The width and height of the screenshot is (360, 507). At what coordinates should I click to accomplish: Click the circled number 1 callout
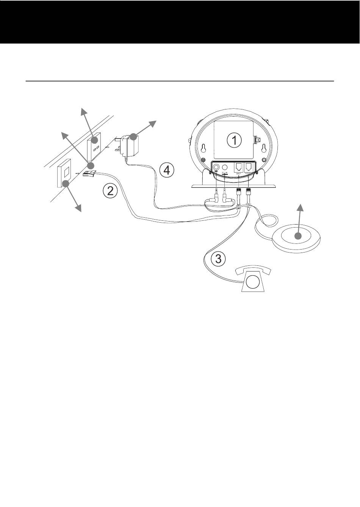click(x=234, y=140)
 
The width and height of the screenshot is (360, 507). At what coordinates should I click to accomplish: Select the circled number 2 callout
click(x=110, y=191)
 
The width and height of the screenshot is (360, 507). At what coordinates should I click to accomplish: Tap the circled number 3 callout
click(x=219, y=259)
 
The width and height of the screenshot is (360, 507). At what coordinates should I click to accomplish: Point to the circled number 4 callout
click(x=167, y=170)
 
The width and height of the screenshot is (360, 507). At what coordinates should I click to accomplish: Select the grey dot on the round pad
click(x=299, y=236)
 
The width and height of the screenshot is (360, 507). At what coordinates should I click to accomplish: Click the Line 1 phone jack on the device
click(x=239, y=167)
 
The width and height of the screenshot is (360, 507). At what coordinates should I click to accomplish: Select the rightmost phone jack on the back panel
click(x=249, y=167)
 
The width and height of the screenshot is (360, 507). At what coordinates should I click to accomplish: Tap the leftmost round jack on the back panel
click(x=216, y=167)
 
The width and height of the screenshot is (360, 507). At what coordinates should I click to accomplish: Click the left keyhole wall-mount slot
click(x=204, y=148)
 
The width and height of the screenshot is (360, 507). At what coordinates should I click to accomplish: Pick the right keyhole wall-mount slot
click(x=264, y=148)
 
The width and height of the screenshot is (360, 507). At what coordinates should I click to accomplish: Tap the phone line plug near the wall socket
click(x=89, y=174)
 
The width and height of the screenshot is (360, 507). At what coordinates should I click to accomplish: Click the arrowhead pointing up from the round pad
click(x=301, y=207)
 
